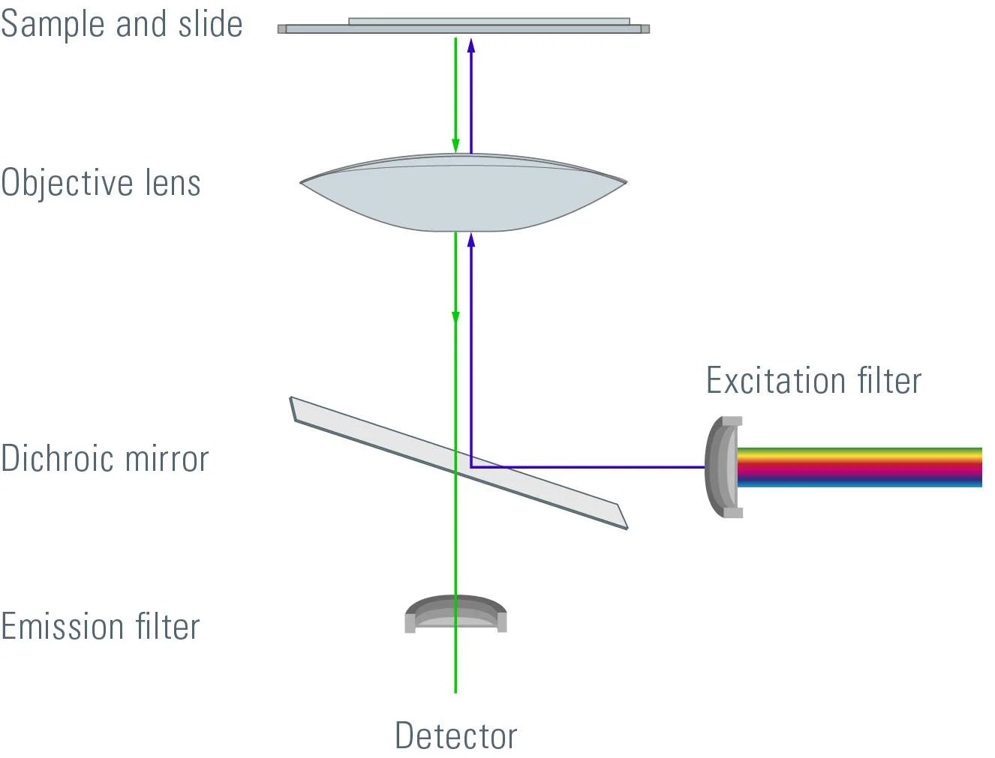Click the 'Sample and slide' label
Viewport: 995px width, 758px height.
coord(122,24)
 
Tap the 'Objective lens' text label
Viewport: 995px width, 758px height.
coord(101,183)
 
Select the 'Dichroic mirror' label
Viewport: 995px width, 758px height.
coord(104,459)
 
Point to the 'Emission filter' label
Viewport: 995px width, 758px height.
coord(101,627)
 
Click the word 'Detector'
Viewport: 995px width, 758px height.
coord(456,736)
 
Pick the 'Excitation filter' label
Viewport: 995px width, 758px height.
coord(813,380)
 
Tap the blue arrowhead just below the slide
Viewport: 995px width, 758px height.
coord(471,44)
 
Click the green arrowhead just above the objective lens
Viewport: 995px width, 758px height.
coord(455,145)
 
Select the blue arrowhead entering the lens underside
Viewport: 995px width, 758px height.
coord(471,240)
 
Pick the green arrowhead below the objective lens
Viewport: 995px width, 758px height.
coord(455,318)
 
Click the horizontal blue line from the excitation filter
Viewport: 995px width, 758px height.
coord(585,467)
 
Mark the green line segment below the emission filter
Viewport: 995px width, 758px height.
coord(455,664)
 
